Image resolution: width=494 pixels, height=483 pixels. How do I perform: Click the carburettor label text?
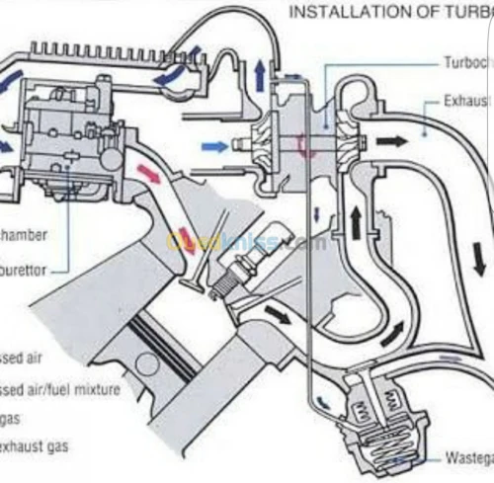tap(30, 265)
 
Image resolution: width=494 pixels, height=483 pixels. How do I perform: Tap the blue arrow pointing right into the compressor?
tap(214, 146)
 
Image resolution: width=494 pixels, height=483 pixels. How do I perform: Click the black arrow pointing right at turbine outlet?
tap(392, 140)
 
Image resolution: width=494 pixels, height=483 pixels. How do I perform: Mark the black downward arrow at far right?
tap(479, 263)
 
